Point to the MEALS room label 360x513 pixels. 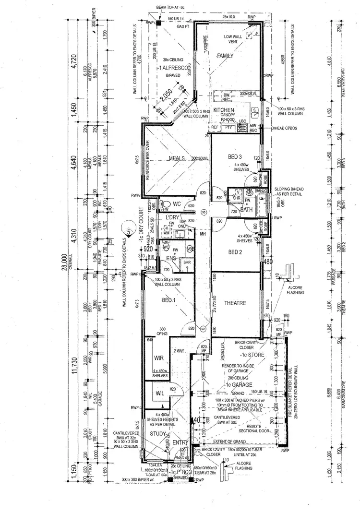[177, 159]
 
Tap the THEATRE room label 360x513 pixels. [235, 303]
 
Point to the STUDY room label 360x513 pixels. [158, 434]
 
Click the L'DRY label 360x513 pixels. [172, 218]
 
